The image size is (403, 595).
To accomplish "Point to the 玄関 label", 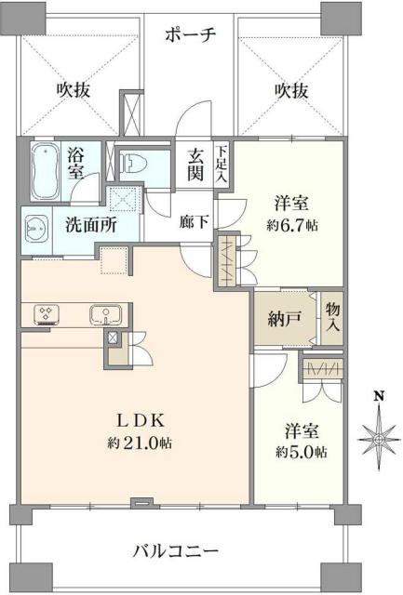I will click(197, 163).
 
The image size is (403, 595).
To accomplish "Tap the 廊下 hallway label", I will click(195, 223).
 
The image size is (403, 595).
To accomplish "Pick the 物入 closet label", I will click(332, 319).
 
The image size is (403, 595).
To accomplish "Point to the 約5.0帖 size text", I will click(301, 453).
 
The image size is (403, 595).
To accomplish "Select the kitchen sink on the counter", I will click(102, 313).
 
